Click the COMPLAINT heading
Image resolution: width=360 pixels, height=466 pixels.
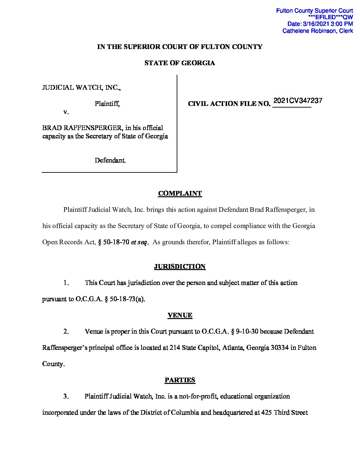pos(180,194)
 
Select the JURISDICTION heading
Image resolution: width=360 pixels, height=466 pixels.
pos(180,267)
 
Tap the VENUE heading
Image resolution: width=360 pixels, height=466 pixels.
pos(180,315)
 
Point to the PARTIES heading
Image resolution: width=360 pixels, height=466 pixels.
pos(180,380)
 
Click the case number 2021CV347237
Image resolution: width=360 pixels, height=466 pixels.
pos(298,101)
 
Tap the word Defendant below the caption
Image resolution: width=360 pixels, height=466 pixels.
pos(110,161)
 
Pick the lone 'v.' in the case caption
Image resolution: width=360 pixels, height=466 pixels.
pos(66,112)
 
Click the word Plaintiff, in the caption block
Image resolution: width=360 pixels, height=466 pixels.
pos(107,104)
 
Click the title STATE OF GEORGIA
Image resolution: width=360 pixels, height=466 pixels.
pos(180,63)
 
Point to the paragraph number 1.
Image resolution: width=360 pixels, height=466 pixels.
pos(66,283)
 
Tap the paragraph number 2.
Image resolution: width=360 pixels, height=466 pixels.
pos(66,332)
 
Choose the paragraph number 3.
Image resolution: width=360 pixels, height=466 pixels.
pos(66,396)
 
